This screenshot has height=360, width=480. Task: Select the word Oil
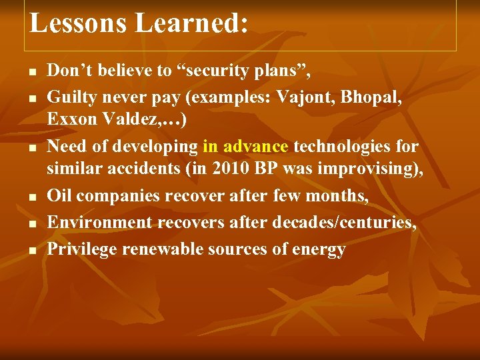click(60, 197)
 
